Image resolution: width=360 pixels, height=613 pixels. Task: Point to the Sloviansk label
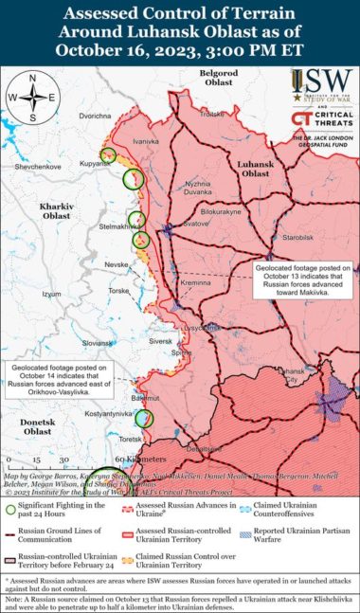pyautogui.click(x=98, y=342)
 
